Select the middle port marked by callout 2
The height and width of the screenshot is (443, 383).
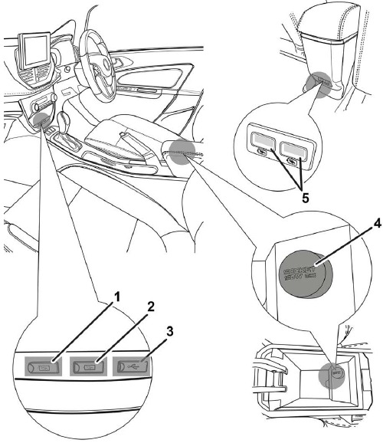[88, 366]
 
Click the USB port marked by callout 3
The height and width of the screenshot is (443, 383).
[132, 366]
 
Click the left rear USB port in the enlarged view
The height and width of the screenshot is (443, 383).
[263, 143]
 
